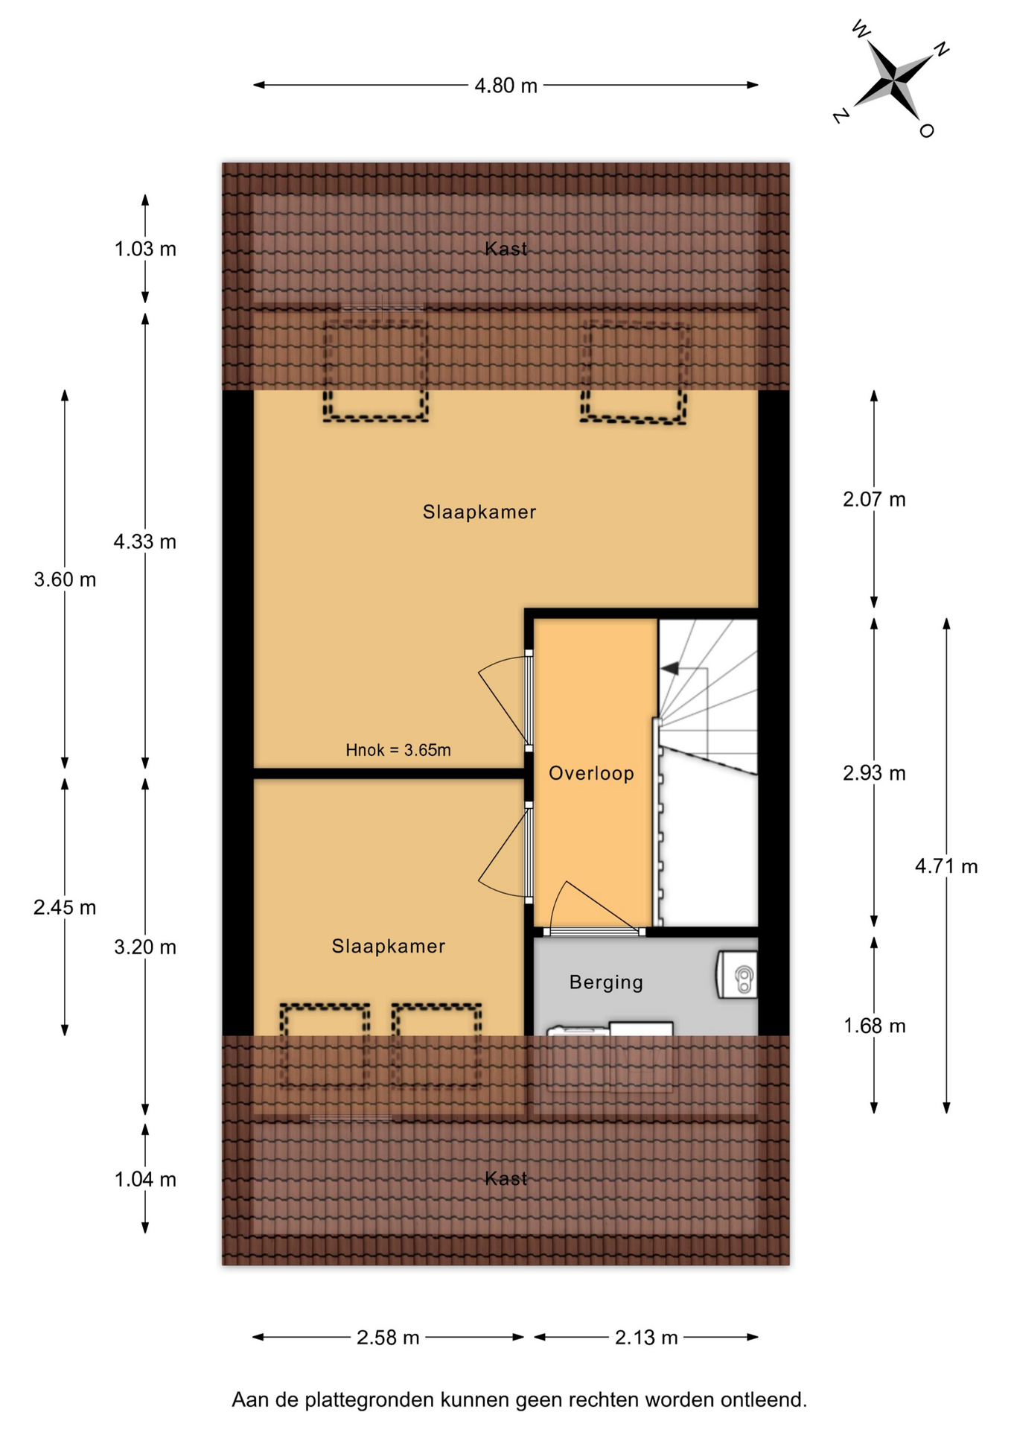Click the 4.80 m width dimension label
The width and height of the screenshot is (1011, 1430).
[x=505, y=86]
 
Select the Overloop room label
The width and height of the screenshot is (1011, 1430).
[x=591, y=773]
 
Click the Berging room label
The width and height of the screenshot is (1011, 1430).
[x=606, y=982]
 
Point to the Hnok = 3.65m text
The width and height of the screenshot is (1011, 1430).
[x=398, y=750]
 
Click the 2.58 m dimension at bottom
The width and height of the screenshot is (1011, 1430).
[x=388, y=1338]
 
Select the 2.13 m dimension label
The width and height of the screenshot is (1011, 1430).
[x=646, y=1338]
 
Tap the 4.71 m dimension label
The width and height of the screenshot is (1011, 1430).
[x=946, y=866]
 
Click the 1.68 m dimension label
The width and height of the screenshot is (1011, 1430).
[x=874, y=1026]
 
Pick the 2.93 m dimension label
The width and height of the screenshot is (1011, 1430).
[x=874, y=773]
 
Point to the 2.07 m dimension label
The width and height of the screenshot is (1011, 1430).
[x=874, y=500]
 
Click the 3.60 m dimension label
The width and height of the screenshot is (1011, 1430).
[x=65, y=579]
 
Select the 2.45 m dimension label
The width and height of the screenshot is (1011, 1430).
[x=65, y=908]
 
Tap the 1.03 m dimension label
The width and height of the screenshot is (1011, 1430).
[x=145, y=249]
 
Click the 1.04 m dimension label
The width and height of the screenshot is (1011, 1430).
[x=145, y=1180]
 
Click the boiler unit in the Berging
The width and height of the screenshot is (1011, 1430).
[x=737, y=974]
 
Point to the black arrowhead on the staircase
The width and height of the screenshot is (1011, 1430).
[x=669, y=668]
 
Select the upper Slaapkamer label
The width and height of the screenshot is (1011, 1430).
[x=479, y=512]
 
